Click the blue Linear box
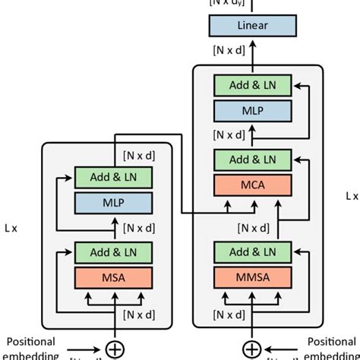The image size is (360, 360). point(252,27)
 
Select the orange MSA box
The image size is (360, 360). point(114,276)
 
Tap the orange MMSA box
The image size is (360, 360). point(251,276)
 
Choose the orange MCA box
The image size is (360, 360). point(251,184)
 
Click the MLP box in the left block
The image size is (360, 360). point(114,203)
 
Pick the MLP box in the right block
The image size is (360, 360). point(251,110)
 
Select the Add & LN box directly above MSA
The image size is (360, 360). point(114,252)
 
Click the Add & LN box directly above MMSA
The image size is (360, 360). point(251,252)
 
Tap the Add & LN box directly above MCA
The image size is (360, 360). point(251,159)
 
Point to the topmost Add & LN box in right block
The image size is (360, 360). point(251,86)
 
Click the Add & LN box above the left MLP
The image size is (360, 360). point(114,178)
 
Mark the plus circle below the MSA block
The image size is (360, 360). point(114,349)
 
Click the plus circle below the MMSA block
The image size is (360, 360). point(251,349)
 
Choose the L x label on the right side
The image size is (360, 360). point(352,195)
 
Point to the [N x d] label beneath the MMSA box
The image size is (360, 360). point(229,314)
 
